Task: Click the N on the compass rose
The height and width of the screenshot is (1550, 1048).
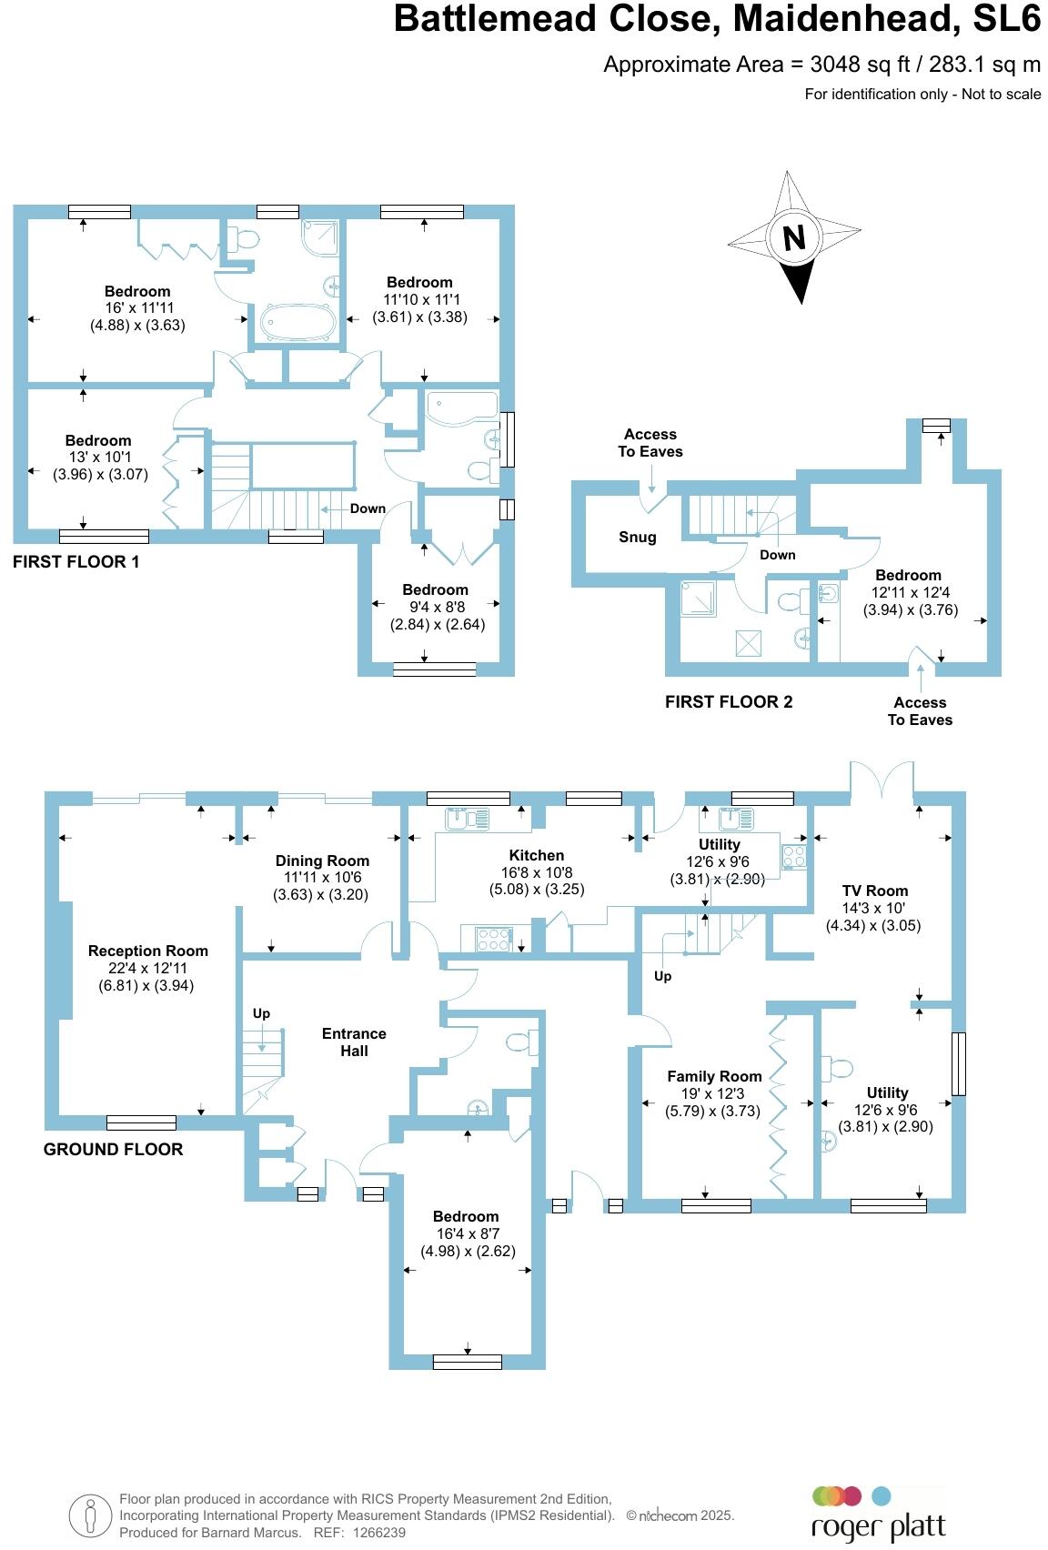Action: coord(794,237)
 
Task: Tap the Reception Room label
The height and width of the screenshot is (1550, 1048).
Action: coord(148,951)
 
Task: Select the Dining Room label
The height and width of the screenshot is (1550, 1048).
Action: coord(322,861)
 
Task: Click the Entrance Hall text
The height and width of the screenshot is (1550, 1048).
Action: coord(354,1042)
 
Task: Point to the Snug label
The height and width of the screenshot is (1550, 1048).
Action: coord(637,537)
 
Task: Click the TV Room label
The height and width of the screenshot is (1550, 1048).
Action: coord(874,891)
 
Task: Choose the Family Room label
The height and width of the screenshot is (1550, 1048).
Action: coord(714,1076)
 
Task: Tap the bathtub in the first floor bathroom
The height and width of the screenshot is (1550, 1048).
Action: coord(298,321)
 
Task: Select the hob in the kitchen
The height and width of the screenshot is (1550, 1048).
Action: coord(492,939)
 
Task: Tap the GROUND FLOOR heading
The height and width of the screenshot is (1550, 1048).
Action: coord(114,1149)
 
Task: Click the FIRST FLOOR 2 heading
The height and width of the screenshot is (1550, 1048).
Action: coord(729,701)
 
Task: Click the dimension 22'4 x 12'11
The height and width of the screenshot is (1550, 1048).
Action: coord(148,968)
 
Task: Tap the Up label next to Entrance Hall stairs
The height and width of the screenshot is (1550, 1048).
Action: coord(261,1013)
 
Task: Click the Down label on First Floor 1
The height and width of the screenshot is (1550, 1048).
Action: coord(368,508)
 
